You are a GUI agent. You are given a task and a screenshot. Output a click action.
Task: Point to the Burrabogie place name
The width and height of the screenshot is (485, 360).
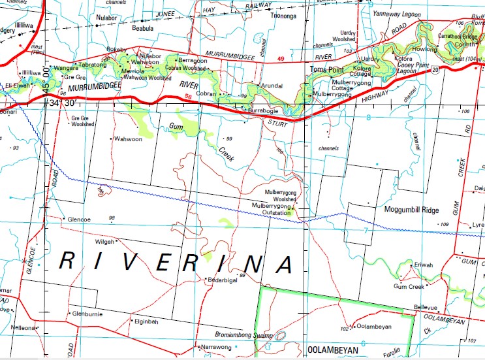tap(264, 112)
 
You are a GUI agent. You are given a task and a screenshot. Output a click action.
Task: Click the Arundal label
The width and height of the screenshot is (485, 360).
tap(271, 86)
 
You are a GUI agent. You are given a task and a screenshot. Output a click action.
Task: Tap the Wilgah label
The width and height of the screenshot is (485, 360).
tap(105, 242)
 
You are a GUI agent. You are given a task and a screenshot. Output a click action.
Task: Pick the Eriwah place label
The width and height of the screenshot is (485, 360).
tap(424, 265)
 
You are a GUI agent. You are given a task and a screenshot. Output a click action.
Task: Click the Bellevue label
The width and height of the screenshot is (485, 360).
tap(425, 307)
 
